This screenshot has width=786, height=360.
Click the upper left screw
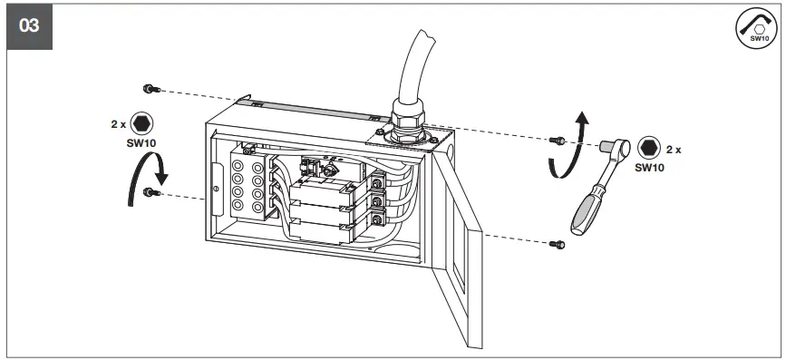[150, 88]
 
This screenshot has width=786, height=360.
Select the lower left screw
[150, 192]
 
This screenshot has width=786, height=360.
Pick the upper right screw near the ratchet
[558, 139]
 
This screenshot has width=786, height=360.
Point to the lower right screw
[558, 243]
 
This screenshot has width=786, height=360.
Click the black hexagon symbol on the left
[141, 124]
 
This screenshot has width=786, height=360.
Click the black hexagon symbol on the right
[647, 148]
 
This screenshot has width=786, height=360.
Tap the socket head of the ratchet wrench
[608, 146]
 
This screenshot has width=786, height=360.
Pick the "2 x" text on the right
[674, 148]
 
